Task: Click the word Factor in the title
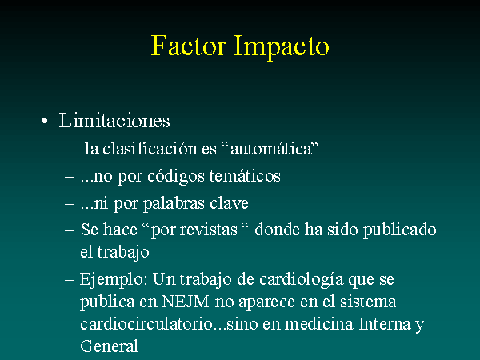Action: pyautogui.click(x=189, y=46)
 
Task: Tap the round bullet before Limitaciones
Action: pyautogui.click(x=45, y=121)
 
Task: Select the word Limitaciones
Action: pyautogui.click(x=114, y=120)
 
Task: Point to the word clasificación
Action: pyautogui.click(x=150, y=149)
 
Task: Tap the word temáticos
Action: pyautogui.click(x=245, y=176)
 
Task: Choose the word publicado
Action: pyautogui.click(x=399, y=230)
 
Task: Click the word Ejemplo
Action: pyautogui.click(x=114, y=280)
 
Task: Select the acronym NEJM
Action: pyautogui.click(x=186, y=302)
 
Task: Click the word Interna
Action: pyautogui.click(x=385, y=324)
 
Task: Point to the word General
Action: pyautogui.click(x=110, y=346)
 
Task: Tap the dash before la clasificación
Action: pyautogui.click(x=70, y=150)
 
